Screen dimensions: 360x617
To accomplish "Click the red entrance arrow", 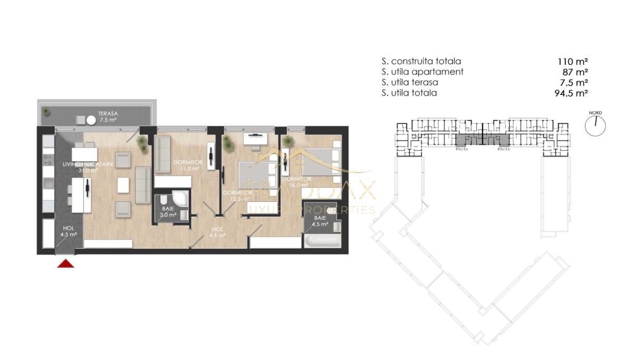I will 65,263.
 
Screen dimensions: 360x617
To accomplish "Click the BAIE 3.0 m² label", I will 169,212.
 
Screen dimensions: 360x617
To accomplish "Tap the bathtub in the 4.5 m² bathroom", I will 322,242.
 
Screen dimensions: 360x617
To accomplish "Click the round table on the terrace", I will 91,120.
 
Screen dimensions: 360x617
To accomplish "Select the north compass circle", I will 595,125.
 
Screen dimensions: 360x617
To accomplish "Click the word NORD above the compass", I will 595,113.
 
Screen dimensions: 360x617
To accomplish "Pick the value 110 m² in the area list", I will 573,61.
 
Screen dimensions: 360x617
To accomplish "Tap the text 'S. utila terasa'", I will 410,82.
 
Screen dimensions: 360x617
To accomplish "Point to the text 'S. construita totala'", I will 421,61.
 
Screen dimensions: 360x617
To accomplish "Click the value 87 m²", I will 575,72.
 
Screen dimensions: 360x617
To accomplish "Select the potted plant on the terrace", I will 47,111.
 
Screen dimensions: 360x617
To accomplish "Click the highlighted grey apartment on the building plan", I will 483,140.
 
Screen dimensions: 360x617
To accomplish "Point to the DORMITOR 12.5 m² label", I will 235,196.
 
